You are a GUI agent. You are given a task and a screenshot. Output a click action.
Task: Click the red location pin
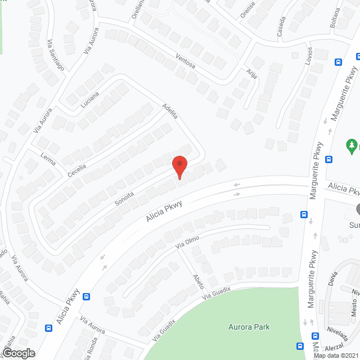pyautogui.click(x=179, y=167)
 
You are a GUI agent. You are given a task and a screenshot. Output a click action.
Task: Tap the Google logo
pyautogui.click(x=19, y=353)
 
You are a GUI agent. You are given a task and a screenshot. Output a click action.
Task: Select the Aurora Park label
pyautogui.click(x=249, y=327)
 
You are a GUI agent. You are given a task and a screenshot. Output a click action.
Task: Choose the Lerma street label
pyautogui.click(x=48, y=159)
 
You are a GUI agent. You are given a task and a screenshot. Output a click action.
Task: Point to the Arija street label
pyautogui.click(x=250, y=74)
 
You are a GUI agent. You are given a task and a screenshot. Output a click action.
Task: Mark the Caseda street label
pyautogui.click(x=281, y=26)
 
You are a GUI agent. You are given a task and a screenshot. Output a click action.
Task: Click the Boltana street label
pyautogui.click(x=336, y=19)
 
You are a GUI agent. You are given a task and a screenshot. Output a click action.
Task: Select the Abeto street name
pyautogui.click(x=198, y=281)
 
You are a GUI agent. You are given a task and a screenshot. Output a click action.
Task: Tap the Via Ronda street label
pyautogui.click(x=89, y=343)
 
